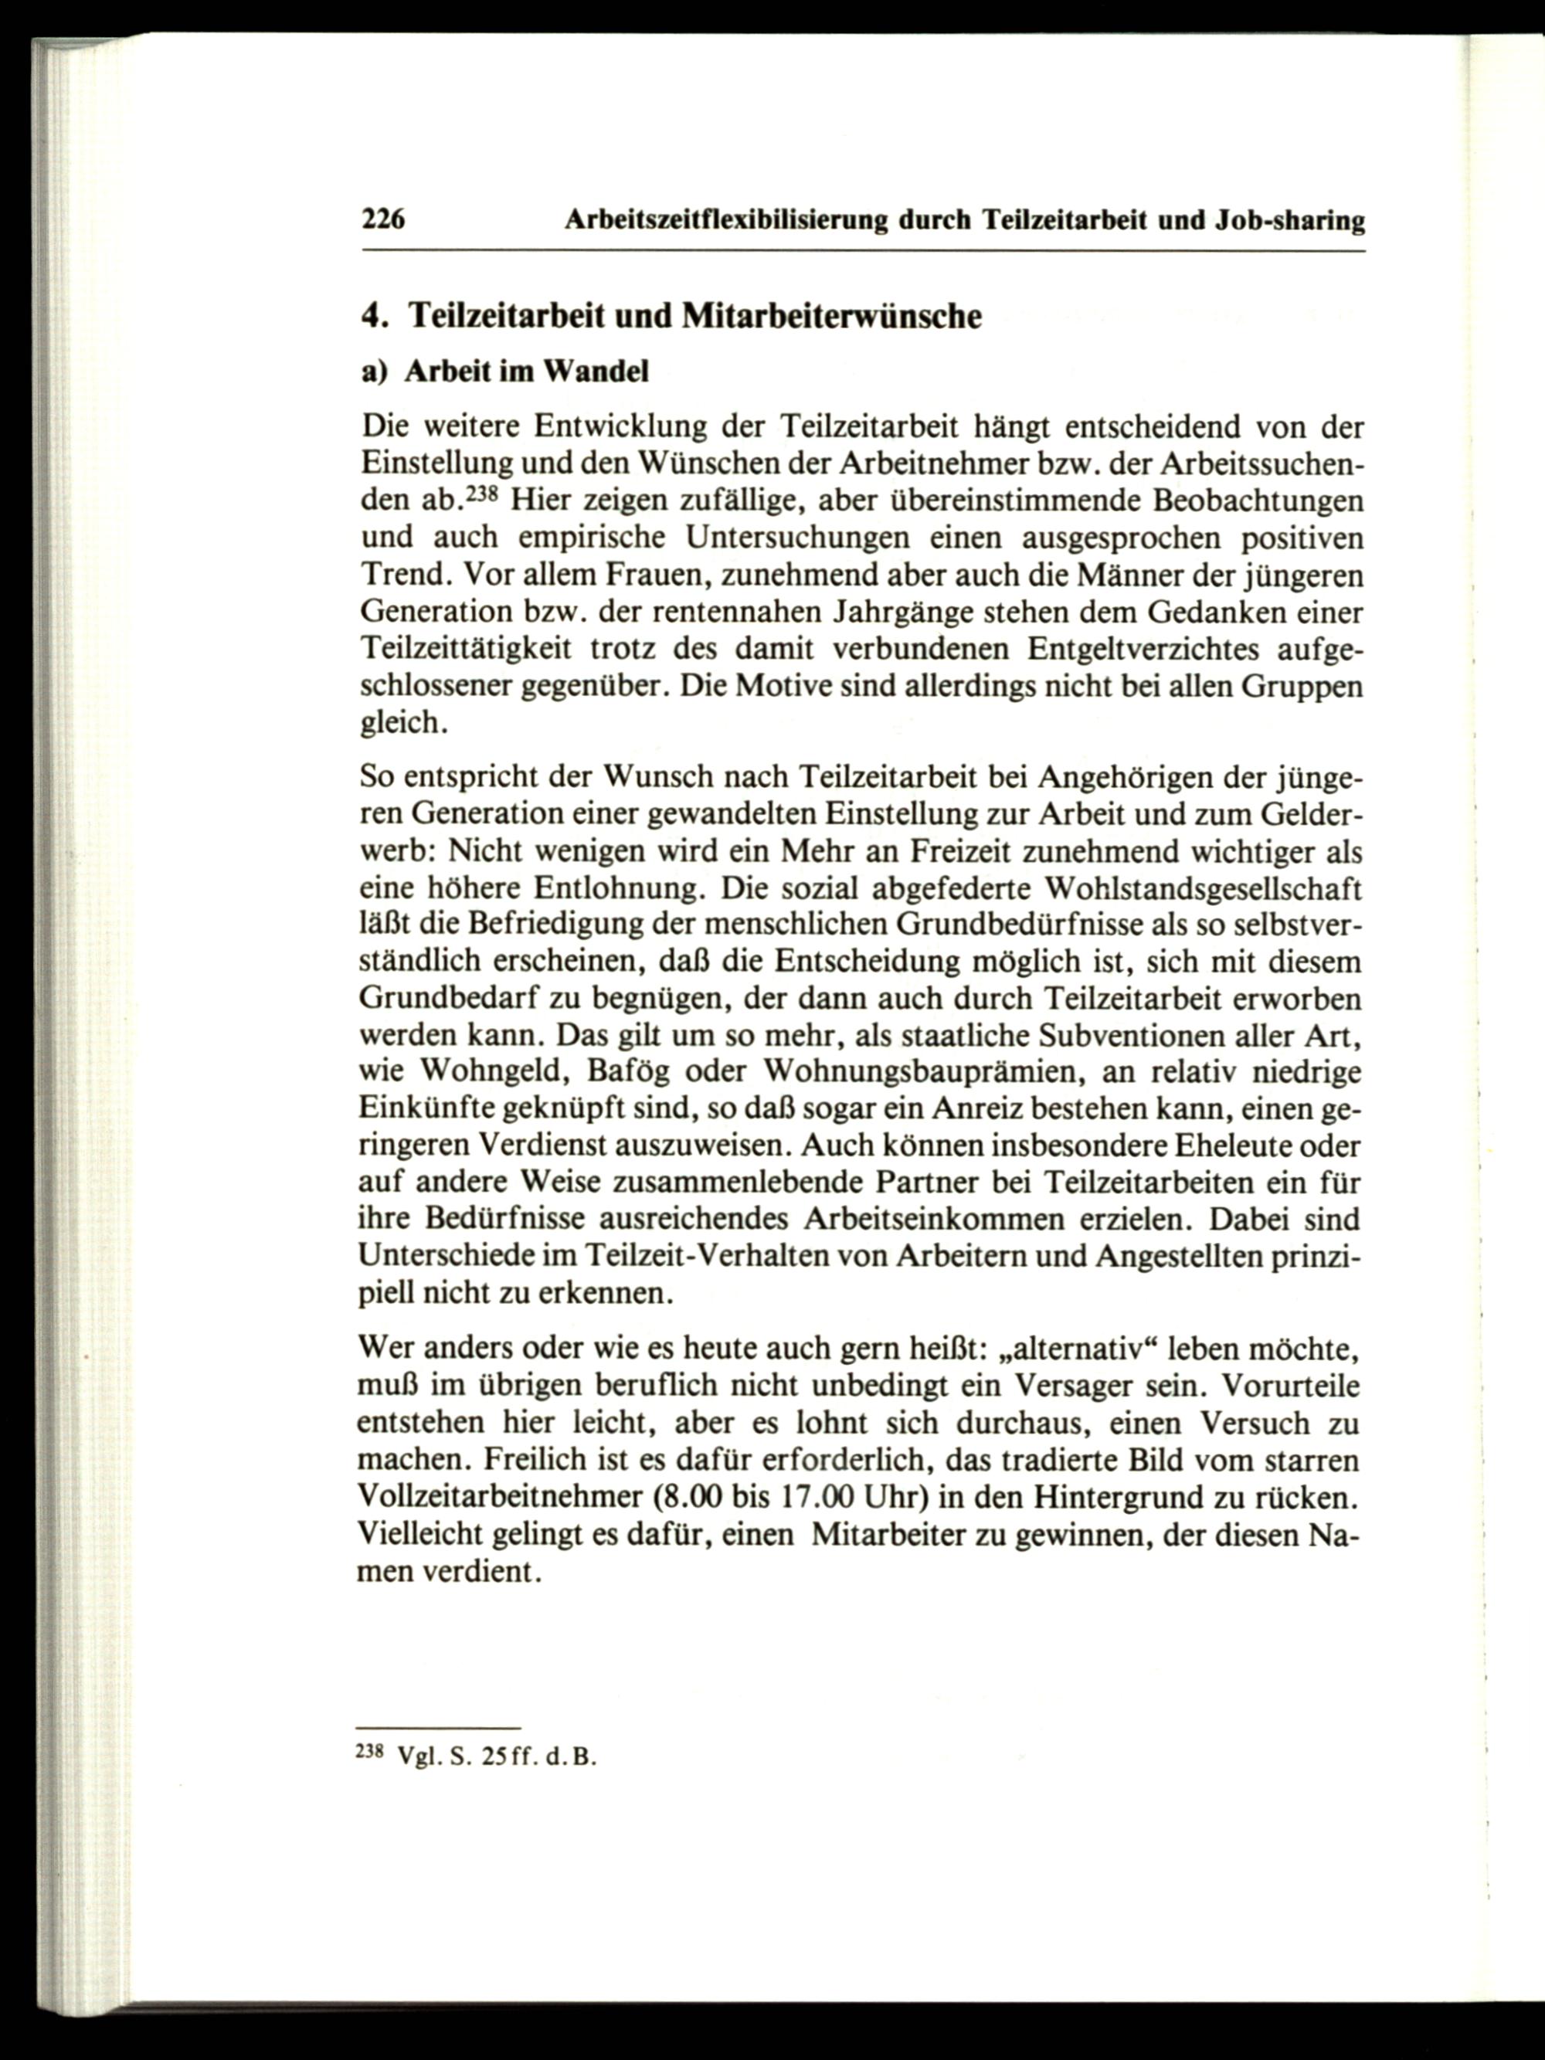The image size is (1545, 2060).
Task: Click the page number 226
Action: [x=381, y=221]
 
